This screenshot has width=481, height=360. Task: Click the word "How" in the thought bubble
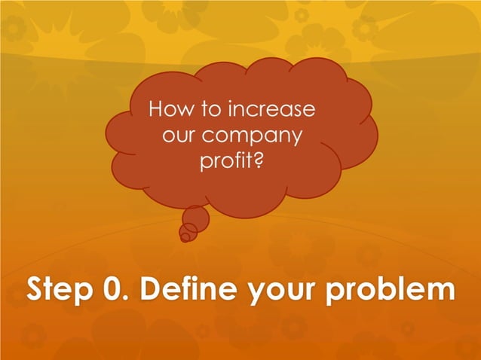[167, 110]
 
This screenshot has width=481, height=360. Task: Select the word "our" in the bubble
[179, 136]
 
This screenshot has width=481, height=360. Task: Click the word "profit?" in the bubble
[231, 162]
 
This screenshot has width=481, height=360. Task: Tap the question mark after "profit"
[259, 160]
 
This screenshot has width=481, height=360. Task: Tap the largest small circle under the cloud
[195, 218]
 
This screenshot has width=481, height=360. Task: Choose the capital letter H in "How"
[156, 110]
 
